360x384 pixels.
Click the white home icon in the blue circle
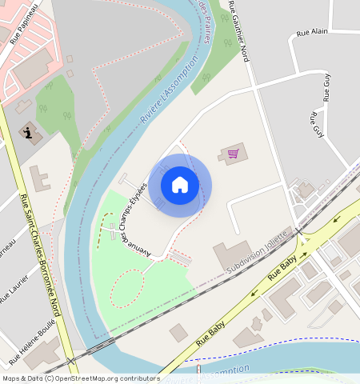pos(180,185)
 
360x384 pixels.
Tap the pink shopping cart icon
pos(234,153)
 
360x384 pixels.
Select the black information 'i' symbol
pos(29,133)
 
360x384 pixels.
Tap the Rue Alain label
pos(313,33)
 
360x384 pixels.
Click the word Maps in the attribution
pos(12,378)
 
